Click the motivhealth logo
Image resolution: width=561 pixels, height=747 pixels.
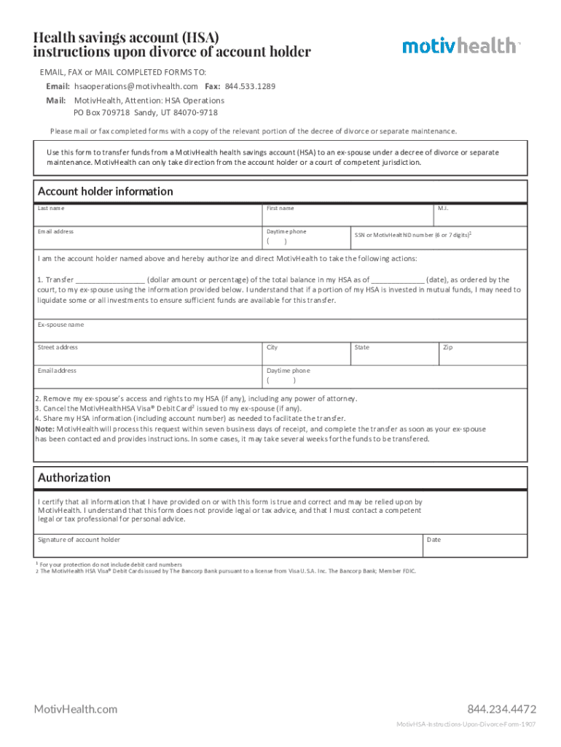(x=460, y=45)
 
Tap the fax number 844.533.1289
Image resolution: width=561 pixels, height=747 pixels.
(x=250, y=86)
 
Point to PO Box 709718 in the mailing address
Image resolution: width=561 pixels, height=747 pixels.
(x=101, y=113)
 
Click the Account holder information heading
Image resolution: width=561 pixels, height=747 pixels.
(x=106, y=191)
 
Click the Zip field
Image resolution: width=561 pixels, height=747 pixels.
(x=482, y=356)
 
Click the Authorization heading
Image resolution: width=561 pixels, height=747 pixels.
(x=74, y=478)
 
